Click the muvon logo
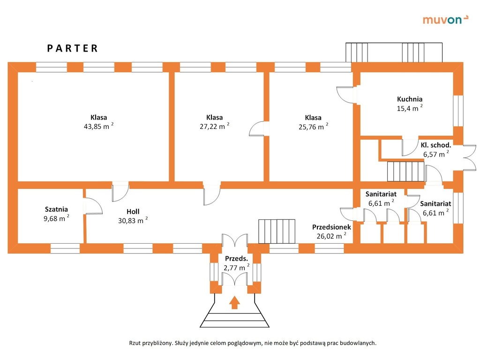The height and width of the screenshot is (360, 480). (445, 19)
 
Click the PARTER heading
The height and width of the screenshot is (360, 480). (73, 48)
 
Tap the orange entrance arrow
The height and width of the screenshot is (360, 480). (234, 302)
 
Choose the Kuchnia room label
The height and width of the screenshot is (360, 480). (410, 99)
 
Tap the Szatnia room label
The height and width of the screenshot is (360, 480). (56, 209)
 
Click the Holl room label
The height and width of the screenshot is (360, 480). (133, 211)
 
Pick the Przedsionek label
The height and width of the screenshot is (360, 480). (331, 227)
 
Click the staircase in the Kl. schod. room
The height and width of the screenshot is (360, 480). (405, 171)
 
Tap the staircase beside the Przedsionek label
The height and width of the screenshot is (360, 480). (277, 231)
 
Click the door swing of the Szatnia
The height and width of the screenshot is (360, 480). (93, 206)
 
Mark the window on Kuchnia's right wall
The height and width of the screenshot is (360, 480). (457, 112)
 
